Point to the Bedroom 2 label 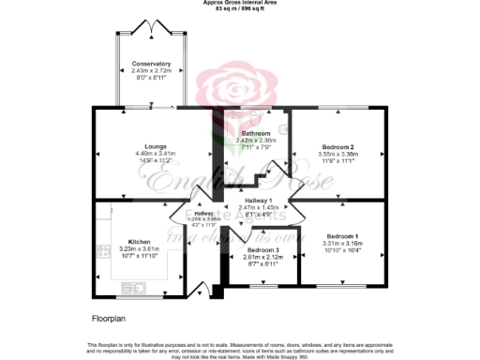[338, 147]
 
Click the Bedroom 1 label [342, 235]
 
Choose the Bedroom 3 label [263, 250]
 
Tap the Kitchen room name [139, 242]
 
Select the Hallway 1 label [258, 201]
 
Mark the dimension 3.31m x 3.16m [342, 242]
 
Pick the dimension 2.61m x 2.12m [263, 257]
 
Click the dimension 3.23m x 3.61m [139, 248]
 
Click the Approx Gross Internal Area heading [239, 3]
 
